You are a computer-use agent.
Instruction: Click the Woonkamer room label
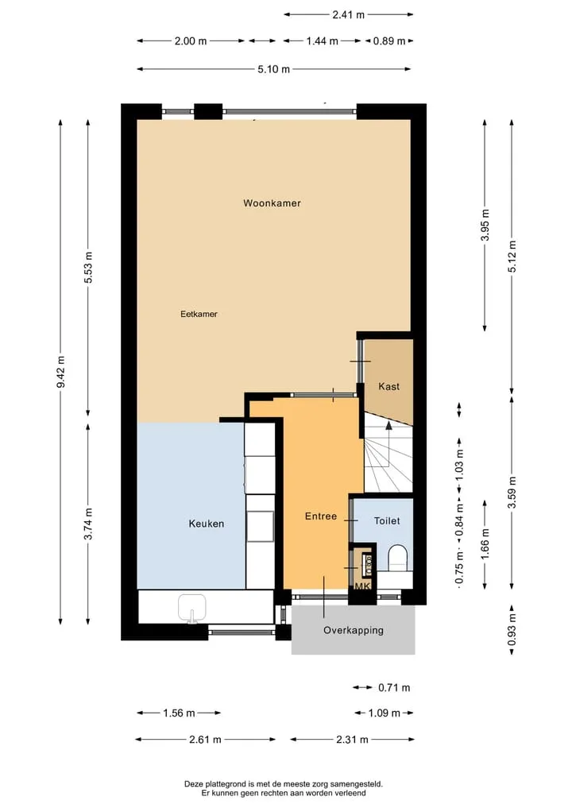click(x=272, y=203)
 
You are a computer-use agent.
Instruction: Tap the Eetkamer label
click(x=199, y=314)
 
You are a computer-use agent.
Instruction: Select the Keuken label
click(x=206, y=524)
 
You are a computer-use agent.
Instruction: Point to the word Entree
click(x=320, y=516)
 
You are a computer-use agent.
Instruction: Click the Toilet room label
click(x=387, y=521)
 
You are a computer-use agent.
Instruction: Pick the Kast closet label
click(x=388, y=386)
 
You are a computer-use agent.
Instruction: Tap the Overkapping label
click(x=354, y=630)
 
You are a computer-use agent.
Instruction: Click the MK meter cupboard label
click(x=362, y=586)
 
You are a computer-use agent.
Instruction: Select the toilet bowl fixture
click(x=398, y=558)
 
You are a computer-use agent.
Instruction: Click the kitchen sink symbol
click(x=192, y=608)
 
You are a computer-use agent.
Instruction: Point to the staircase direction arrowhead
click(x=388, y=425)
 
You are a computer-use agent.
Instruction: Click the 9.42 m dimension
click(x=61, y=372)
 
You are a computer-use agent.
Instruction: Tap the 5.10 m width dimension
click(x=273, y=69)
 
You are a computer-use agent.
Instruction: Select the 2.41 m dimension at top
click(x=348, y=14)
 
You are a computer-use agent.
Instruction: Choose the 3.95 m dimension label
click(x=485, y=225)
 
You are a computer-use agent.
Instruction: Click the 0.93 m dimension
click(x=512, y=630)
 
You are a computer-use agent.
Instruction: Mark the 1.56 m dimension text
click(x=179, y=713)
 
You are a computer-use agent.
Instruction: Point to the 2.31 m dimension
click(x=352, y=740)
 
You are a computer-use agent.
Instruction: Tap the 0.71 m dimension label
click(x=394, y=687)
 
